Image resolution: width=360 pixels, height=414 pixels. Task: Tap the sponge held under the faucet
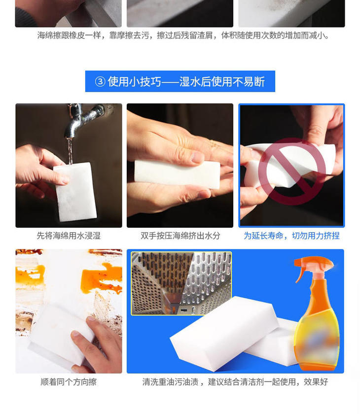click(75, 192)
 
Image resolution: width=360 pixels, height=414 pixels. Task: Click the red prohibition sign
click(292, 171)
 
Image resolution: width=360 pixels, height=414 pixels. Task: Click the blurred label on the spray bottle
click(317, 343)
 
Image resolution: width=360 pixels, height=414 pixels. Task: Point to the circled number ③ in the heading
click(100, 82)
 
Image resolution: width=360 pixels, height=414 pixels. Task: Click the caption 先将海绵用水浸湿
click(69, 236)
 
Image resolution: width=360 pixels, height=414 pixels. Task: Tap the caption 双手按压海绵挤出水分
click(180, 236)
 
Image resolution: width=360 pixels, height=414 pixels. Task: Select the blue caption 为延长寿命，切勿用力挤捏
click(291, 236)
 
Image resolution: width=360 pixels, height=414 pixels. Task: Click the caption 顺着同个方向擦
click(69, 382)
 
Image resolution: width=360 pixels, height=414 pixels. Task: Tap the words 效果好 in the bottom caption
click(316, 382)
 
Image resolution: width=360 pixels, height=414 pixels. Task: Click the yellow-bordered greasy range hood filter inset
click(181, 283)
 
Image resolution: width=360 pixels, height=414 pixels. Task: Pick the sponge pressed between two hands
click(177, 174)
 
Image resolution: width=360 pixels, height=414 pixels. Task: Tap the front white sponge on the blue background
click(224, 333)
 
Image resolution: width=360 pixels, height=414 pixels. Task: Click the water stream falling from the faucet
click(70, 150)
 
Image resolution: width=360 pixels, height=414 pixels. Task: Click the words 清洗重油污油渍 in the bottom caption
click(170, 382)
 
